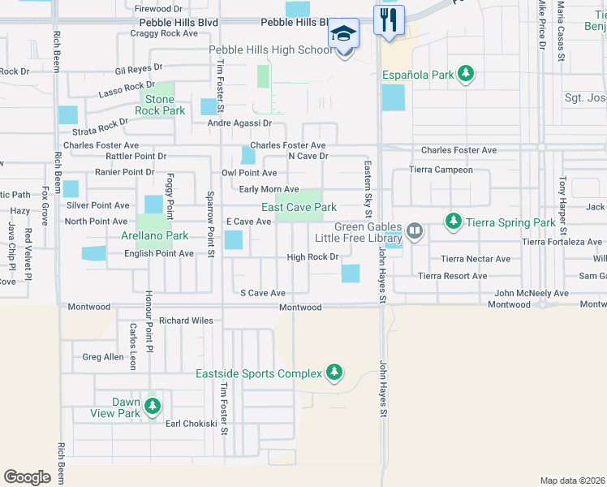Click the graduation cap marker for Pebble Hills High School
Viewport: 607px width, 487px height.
343,34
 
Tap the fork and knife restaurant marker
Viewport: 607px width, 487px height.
389,19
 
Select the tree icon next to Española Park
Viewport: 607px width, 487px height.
466,75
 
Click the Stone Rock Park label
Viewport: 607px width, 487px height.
154,106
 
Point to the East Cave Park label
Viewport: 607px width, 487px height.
299,208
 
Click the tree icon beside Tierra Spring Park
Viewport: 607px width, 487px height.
452,222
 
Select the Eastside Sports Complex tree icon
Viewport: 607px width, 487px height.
334,373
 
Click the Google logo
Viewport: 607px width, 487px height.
27,476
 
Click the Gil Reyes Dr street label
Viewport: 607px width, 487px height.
139,69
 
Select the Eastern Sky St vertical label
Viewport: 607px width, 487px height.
368,189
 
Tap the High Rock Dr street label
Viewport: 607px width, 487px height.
312,257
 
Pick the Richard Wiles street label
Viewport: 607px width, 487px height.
186,321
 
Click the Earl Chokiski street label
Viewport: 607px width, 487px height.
192,424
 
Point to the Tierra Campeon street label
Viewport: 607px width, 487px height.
441,170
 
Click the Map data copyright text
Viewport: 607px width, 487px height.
571,481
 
